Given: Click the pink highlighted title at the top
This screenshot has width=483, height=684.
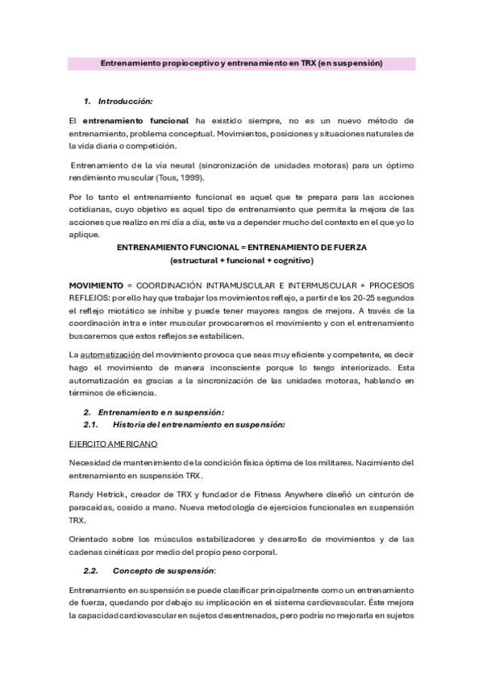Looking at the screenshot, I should [x=241, y=62].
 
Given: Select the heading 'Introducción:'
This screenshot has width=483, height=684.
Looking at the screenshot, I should [x=125, y=101].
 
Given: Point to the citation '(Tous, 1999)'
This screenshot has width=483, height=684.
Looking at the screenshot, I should [x=181, y=177].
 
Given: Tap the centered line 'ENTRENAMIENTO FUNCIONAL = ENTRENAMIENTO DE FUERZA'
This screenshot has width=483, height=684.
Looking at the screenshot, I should [x=241, y=248].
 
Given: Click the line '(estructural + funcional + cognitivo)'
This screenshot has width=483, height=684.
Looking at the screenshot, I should [x=241, y=261].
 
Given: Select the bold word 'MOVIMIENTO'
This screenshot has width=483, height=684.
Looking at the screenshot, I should [x=95, y=286].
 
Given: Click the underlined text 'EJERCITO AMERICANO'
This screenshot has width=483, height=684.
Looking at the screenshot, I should [x=113, y=444].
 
